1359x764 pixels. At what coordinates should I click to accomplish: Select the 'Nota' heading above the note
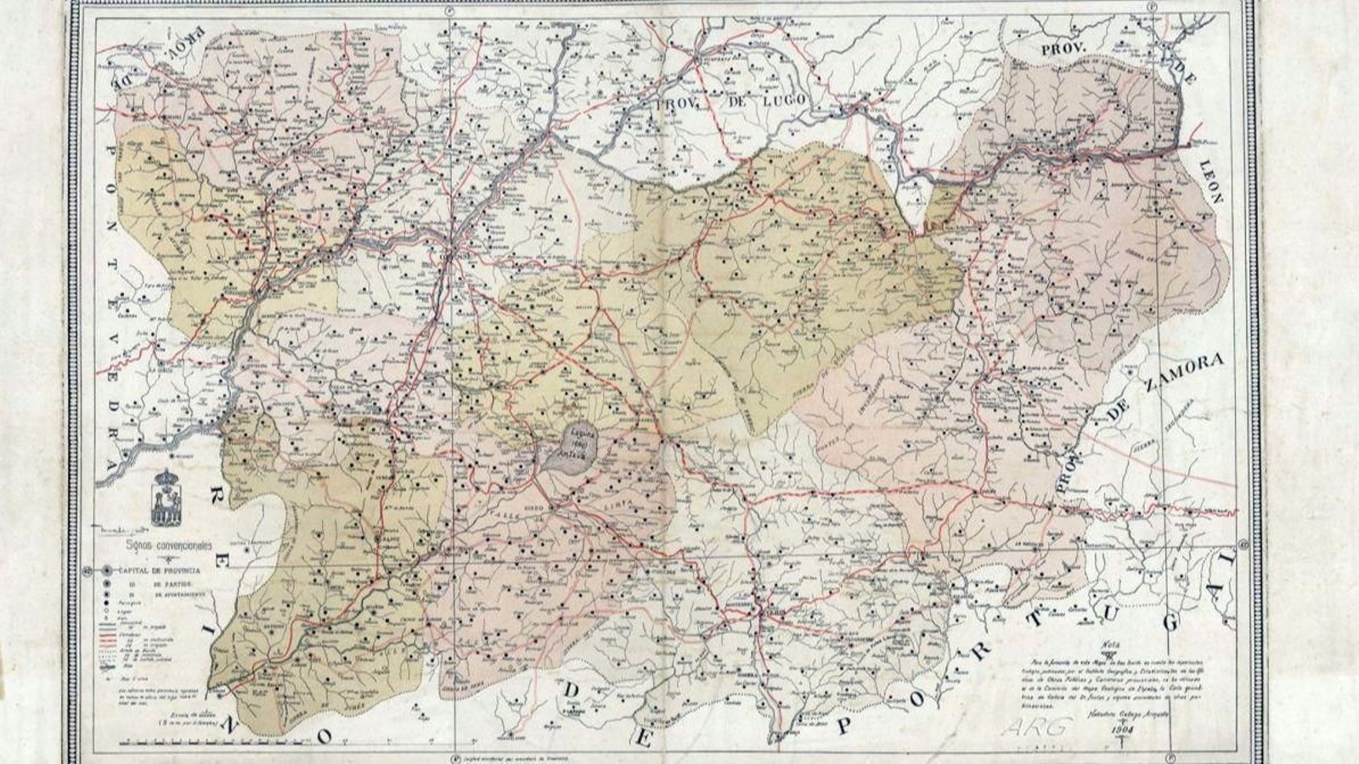point(1108,643)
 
